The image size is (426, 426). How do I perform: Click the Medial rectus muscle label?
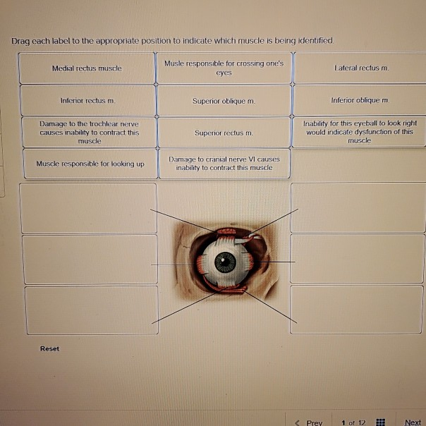pos(87,68)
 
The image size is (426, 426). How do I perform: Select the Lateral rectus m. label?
pos(361,68)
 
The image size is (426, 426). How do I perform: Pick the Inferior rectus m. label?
pos(88,101)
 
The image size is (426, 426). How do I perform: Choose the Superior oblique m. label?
pos(224,101)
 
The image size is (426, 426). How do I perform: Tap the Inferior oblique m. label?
pos(360,100)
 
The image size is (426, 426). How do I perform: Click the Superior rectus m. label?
pos(224,133)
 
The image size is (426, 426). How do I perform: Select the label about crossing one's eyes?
pos(224,68)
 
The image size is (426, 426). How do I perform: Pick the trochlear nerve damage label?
pos(90,133)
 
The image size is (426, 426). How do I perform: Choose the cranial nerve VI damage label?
pos(224,164)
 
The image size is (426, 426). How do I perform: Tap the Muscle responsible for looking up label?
pos(90,164)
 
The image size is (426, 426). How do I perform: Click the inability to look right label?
pos(360,132)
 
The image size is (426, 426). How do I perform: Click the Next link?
pos(413,422)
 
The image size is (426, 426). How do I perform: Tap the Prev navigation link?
pos(309,422)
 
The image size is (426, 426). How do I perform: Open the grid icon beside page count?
pos(380,422)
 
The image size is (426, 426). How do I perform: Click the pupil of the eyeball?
pos(225,262)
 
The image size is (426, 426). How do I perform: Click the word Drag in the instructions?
pos(20,42)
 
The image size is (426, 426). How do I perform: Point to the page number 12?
pos(362,422)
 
